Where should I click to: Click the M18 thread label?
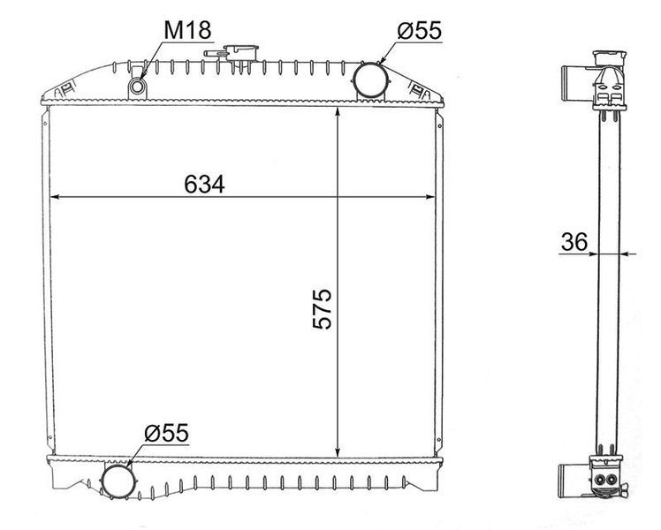tap(187, 30)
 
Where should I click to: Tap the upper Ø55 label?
tap(419, 31)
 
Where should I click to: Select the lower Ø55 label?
tap(166, 433)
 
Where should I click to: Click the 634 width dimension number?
tap(204, 184)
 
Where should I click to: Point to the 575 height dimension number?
tap(323, 309)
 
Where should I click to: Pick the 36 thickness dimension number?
tap(574, 242)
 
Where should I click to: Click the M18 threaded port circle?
tap(138, 87)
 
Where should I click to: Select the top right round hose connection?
tap(370, 80)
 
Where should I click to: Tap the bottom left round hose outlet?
tap(118, 481)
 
